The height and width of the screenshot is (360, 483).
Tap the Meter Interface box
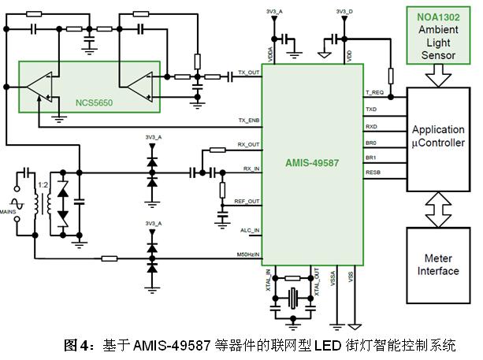[437, 265]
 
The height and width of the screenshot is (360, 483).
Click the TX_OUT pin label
[248, 73]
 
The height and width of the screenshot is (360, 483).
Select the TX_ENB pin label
[248, 121]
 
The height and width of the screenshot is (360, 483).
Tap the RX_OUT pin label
[248, 144]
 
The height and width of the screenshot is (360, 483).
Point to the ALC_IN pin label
[249, 229]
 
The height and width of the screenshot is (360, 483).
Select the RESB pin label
[373, 171]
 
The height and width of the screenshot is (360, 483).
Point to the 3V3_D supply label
[344, 12]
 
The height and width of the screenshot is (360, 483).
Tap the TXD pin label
[371, 109]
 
